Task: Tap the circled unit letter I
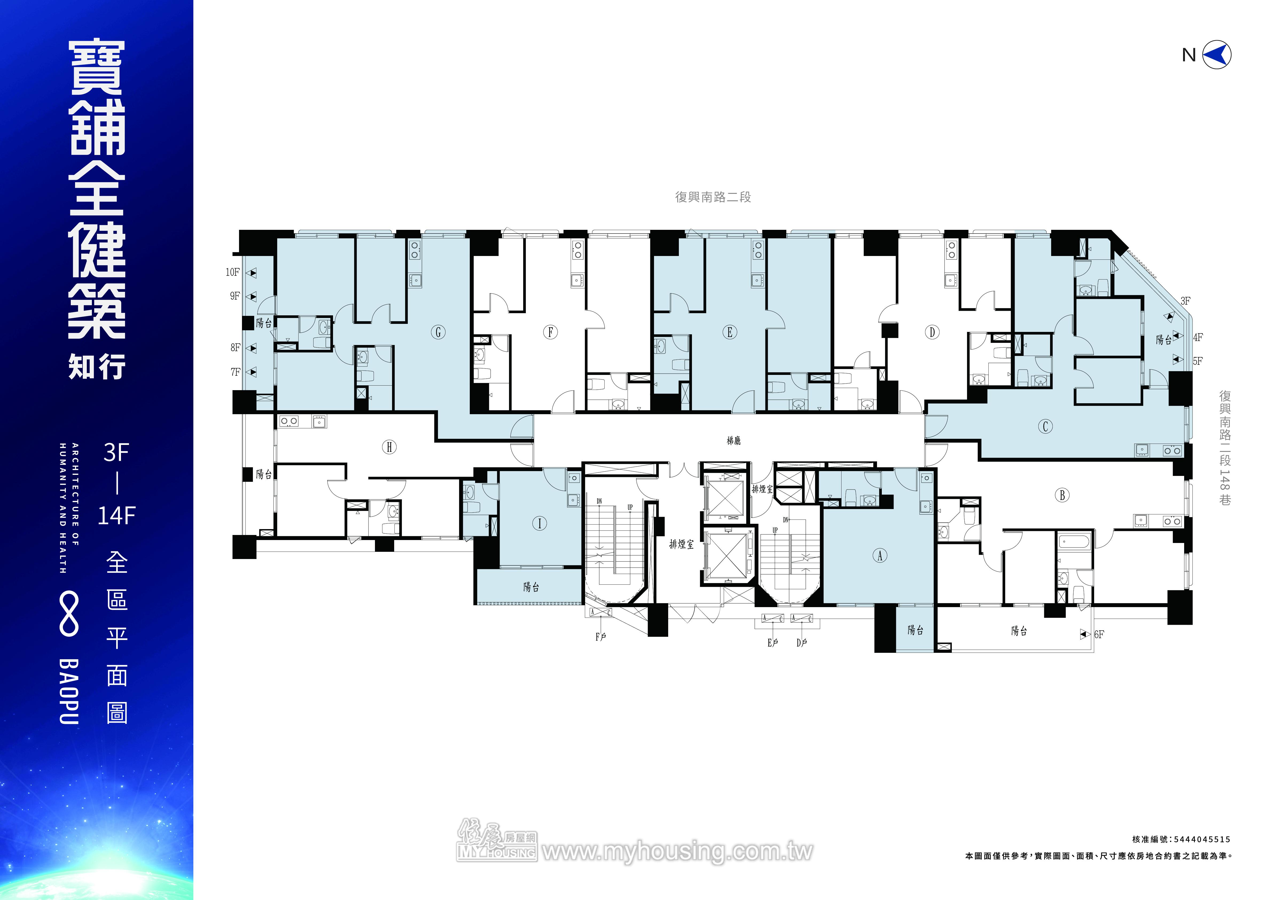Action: tap(540, 523)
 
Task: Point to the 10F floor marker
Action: tap(233, 272)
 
